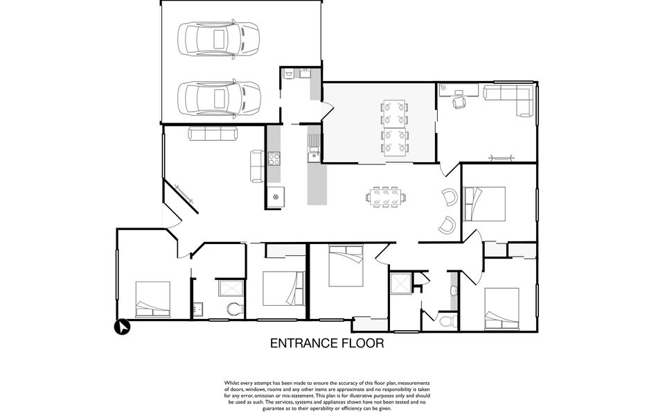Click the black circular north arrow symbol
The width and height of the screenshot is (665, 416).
[x=123, y=328]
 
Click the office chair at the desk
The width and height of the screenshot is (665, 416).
[x=459, y=103]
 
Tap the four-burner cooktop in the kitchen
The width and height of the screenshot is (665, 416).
[x=274, y=159]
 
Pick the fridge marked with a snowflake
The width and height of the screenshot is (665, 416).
[x=276, y=197]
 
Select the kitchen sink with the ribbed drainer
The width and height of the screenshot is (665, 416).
[x=314, y=148]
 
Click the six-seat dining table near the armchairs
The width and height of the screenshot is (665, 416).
[x=386, y=197]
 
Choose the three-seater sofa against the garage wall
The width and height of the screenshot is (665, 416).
[x=213, y=133]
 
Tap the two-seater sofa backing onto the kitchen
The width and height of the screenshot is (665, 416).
[x=257, y=166]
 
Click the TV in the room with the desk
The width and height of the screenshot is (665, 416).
[x=502, y=159]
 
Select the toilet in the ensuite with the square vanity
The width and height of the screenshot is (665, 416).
[x=233, y=309]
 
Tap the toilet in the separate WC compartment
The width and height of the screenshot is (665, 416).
[x=448, y=320]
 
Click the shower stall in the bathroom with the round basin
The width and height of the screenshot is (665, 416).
[x=401, y=284]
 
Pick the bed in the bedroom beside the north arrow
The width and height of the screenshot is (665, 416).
[x=152, y=300]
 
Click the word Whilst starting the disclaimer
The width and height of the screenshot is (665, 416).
[x=233, y=383]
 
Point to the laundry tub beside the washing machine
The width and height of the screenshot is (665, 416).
[x=305, y=74]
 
